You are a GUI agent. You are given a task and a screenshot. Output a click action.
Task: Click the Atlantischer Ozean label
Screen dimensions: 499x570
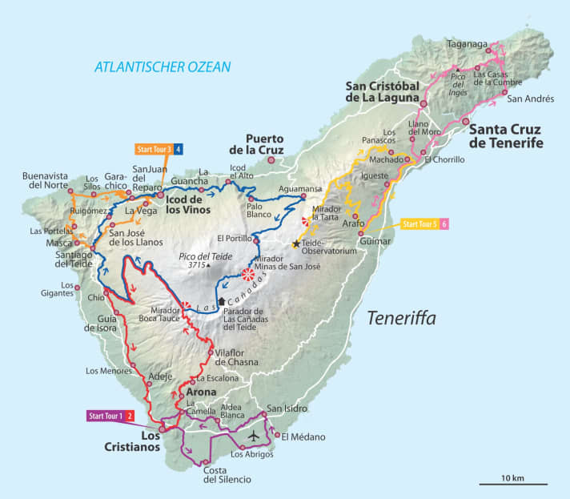tap(163, 66)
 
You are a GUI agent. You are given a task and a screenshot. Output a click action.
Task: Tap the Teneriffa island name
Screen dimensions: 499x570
tap(401, 319)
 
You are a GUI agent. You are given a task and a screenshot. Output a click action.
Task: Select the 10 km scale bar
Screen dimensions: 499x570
tap(513, 483)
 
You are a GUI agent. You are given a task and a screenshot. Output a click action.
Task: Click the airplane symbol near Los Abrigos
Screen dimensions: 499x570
tap(255, 437)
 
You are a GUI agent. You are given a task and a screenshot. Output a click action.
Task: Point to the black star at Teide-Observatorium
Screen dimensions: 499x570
tap(296, 243)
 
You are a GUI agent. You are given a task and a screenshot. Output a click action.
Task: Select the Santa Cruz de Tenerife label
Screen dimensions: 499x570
tap(505, 136)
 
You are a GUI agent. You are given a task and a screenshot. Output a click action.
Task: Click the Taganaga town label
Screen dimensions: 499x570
tap(468, 45)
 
